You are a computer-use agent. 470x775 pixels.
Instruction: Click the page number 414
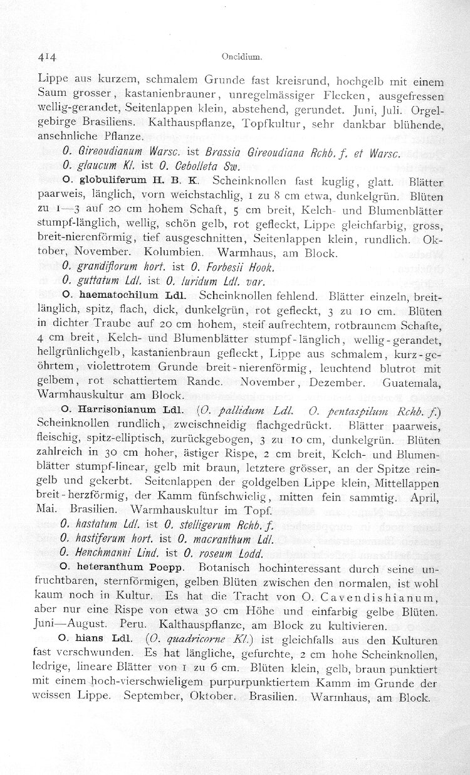(46, 56)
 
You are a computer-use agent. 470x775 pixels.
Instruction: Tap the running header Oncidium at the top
(236, 56)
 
